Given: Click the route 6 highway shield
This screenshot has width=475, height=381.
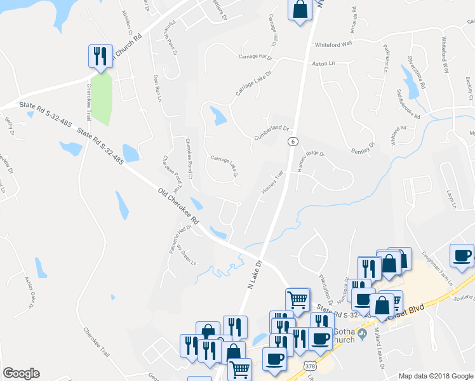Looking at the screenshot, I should [x=291, y=141].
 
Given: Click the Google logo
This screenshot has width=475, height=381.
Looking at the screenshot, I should [x=21, y=373].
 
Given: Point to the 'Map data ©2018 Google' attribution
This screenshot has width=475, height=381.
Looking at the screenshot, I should [x=435, y=376].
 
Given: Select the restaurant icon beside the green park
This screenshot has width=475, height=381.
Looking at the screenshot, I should [x=100, y=56].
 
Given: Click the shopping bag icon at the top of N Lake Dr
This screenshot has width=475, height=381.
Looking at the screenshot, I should [x=300, y=10].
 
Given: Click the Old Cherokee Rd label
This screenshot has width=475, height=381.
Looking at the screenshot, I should [x=178, y=206].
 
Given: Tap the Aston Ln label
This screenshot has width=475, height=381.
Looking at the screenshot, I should [x=323, y=64].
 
